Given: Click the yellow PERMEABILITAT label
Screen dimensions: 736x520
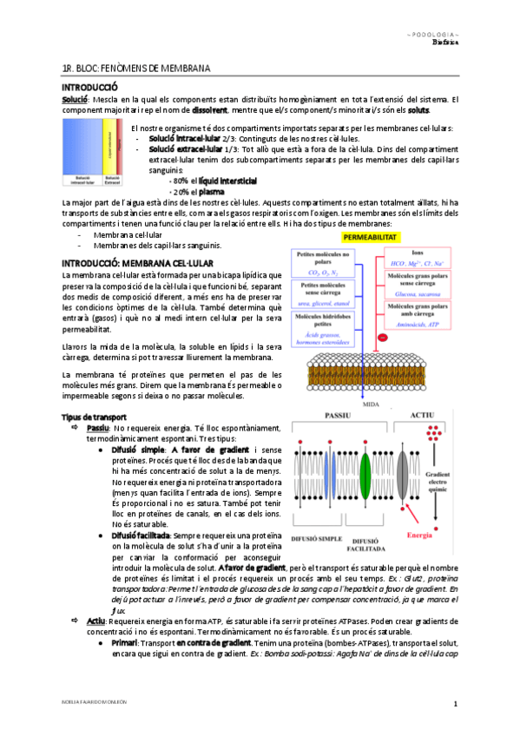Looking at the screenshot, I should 371,236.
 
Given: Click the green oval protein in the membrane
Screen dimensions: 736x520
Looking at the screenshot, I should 365,482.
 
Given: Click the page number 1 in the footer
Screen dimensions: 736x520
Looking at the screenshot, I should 454,701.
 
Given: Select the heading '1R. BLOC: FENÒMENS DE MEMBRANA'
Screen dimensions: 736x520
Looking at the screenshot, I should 136,68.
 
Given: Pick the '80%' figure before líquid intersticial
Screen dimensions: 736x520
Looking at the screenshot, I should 182,180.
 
